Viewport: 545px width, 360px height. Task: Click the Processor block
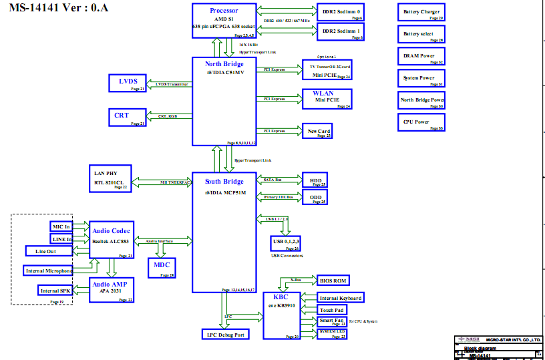(223, 21)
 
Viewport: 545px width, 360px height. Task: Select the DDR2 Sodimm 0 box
(341, 13)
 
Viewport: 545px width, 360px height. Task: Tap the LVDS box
(128, 83)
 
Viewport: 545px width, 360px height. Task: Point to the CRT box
(128, 116)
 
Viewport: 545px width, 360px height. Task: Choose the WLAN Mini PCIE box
(327, 98)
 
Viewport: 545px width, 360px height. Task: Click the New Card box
(317, 131)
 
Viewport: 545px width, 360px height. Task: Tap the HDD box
(315, 180)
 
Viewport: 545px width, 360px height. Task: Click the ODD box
(315, 198)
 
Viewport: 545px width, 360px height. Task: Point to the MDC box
(161, 266)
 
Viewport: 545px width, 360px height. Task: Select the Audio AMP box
(112, 290)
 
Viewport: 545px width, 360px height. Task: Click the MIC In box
(61, 226)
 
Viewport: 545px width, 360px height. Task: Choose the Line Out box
(49, 251)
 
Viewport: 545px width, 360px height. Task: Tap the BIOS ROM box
(333, 280)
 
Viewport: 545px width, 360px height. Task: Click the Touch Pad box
(332, 310)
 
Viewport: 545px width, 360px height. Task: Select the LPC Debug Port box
(224, 334)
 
